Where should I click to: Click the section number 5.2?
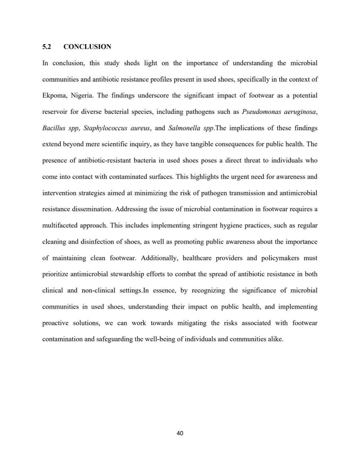46,47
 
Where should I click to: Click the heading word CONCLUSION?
87,47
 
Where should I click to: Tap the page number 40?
180,433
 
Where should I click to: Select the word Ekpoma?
54,96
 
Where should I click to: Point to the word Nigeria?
82,96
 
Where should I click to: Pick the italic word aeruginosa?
300,112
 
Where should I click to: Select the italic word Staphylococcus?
105,128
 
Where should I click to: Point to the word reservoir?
55,112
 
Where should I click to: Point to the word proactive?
55,323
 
